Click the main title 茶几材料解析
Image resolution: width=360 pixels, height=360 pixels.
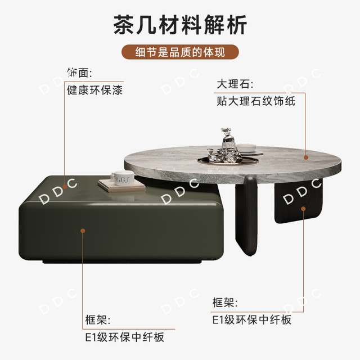coord(180,25)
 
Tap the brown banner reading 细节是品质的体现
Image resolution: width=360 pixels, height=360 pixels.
coord(180,52)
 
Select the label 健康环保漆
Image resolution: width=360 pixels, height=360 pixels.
coord(95,90)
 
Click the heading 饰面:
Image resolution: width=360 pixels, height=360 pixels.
coord(79,73)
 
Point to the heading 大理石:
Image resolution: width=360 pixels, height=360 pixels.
coord(235,84)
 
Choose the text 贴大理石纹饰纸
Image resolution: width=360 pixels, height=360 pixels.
coord(256,101)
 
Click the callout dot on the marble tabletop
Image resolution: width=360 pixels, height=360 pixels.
coord(306,157)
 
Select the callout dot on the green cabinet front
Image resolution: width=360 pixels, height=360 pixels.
coord(83,231)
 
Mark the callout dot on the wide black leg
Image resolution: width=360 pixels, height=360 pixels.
coord(303,209)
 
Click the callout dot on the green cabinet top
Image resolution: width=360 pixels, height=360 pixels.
coord(65,187)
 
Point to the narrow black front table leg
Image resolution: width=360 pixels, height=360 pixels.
coord(246,216)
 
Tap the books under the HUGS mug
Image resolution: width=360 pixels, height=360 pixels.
coord(121,185)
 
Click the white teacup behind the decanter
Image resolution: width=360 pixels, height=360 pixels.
coord(246,148)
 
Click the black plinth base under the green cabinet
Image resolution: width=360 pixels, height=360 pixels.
coord(121,262)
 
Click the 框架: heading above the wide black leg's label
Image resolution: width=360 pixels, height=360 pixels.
coord(225,303)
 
